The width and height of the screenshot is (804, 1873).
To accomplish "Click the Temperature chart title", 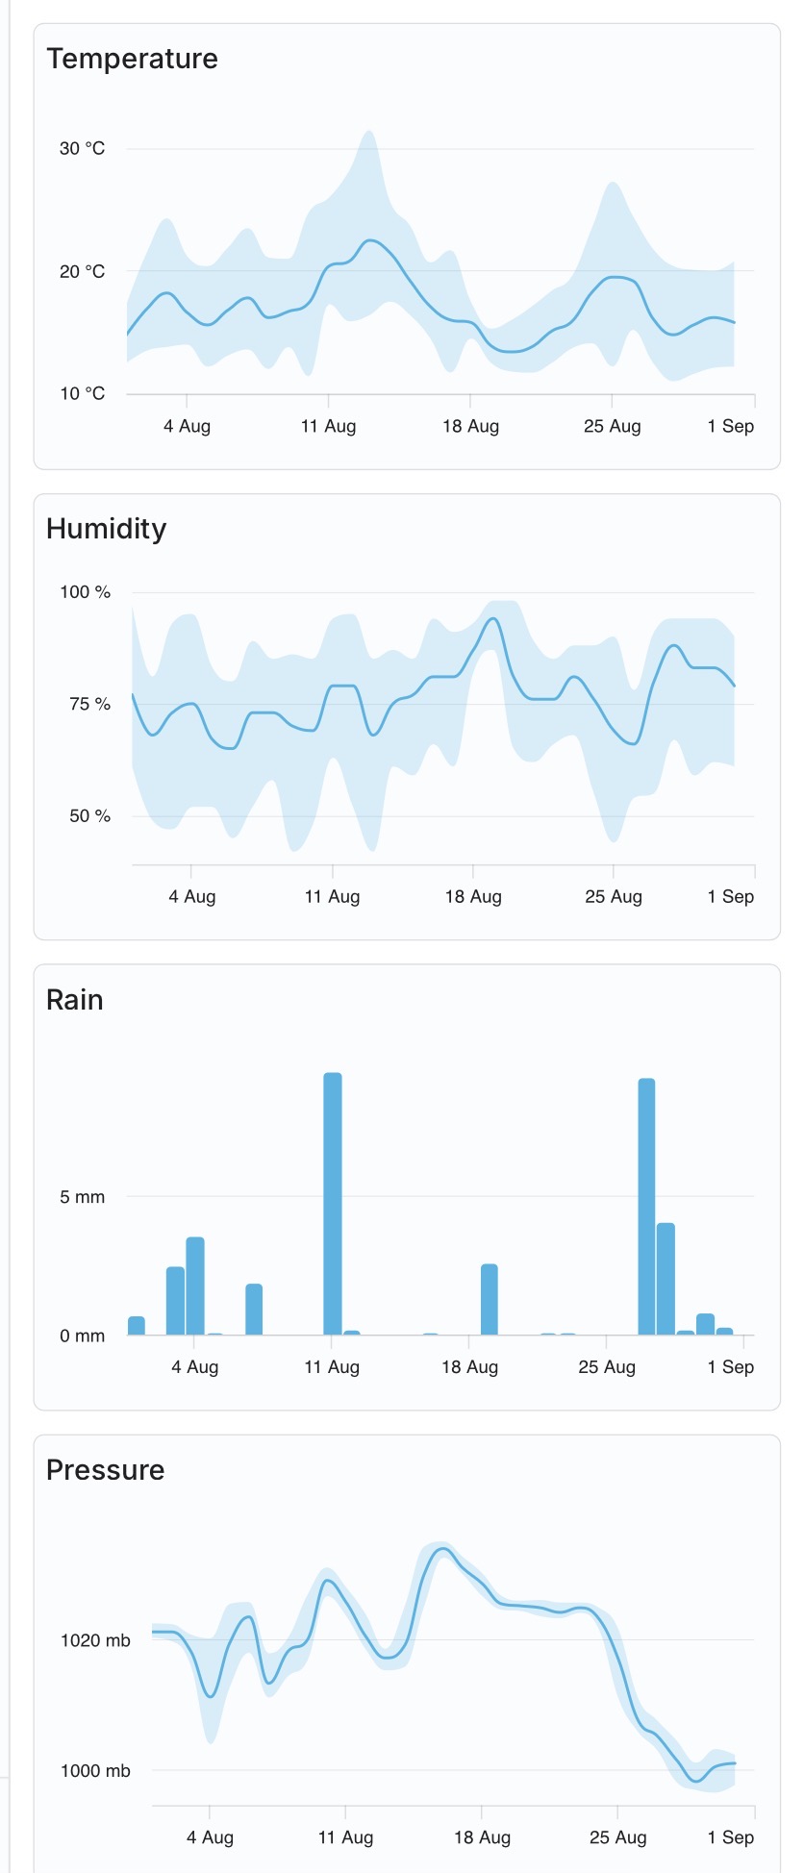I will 132,59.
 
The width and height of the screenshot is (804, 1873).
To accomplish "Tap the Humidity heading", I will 106,529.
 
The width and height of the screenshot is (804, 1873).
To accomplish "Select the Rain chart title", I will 74,1000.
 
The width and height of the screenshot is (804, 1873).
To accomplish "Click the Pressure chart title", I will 105,1470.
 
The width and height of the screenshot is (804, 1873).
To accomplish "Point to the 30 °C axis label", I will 82,148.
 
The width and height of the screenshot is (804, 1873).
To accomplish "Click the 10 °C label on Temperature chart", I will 82,393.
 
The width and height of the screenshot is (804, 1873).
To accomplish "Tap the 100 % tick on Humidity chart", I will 85,592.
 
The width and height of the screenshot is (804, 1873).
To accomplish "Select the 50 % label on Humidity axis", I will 89,816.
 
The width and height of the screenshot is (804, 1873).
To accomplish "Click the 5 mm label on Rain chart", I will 82,1197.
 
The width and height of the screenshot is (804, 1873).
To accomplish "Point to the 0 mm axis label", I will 82,1336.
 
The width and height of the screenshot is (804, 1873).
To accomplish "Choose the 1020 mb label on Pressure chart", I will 94,1640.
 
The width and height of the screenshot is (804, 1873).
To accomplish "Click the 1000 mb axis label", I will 94,1771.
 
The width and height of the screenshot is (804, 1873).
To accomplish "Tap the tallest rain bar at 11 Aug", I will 333,1202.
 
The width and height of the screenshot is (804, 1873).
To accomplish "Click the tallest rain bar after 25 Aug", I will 646,1207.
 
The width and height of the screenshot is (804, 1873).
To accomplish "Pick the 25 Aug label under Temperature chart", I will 612,426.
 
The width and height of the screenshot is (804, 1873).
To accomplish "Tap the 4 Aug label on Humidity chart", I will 191,896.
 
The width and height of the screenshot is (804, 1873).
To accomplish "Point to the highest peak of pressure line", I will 442,1549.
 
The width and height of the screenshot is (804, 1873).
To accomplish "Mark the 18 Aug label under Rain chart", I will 469,1367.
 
